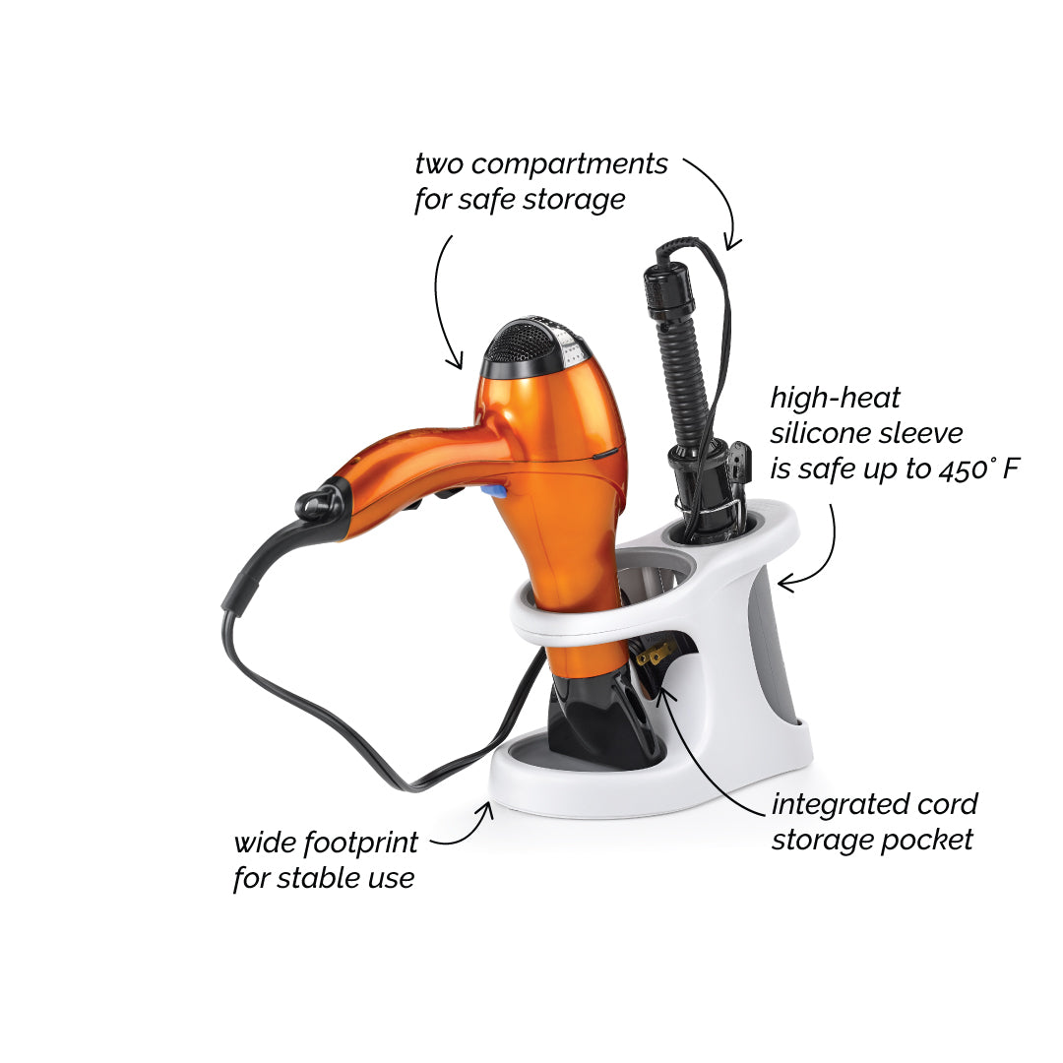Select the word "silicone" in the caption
coord(820,433)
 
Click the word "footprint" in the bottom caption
coord(360,844)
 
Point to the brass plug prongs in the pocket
coord(654,655)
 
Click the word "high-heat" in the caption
coord(836,399)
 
